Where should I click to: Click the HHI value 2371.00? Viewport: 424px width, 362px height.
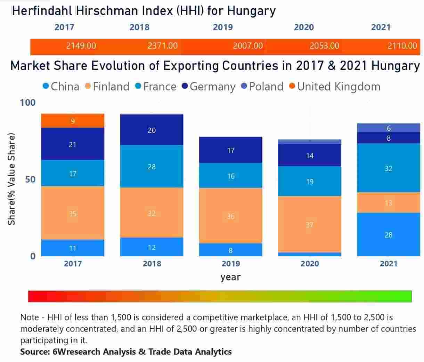tap(162, 46)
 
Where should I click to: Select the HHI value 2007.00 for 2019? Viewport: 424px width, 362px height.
tap(247, 46)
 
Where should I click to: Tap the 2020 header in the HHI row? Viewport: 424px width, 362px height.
tap(304, 27)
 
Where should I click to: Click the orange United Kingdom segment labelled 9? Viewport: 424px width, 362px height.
tap(73, 121)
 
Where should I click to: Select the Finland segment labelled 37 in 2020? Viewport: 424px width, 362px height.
tap(310, 225)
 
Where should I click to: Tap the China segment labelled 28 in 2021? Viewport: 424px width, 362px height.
tap(388, 235)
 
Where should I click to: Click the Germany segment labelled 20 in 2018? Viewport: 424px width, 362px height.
tap(152, 130)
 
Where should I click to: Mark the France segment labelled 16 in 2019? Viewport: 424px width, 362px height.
tap(231, 176)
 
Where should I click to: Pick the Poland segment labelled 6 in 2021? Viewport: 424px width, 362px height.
tap(388, 128)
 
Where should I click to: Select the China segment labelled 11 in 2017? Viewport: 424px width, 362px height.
tap(73, 248)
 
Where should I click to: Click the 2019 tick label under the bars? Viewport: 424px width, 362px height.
tap(231, 264)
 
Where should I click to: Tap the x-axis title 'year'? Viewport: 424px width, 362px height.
tap(230, 277)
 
